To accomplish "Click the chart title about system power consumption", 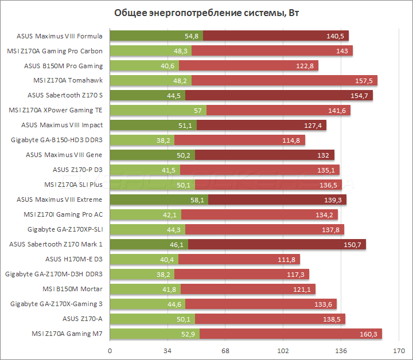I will tap(206, 13).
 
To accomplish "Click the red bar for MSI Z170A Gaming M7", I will tap(290, 334).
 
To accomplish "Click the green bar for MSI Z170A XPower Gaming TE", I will tap(158, 110).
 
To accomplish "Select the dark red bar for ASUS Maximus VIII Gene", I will tap(264, 155).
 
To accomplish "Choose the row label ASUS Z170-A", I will tap(82, 319).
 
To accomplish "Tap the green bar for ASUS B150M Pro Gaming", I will tap(144, 66).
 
